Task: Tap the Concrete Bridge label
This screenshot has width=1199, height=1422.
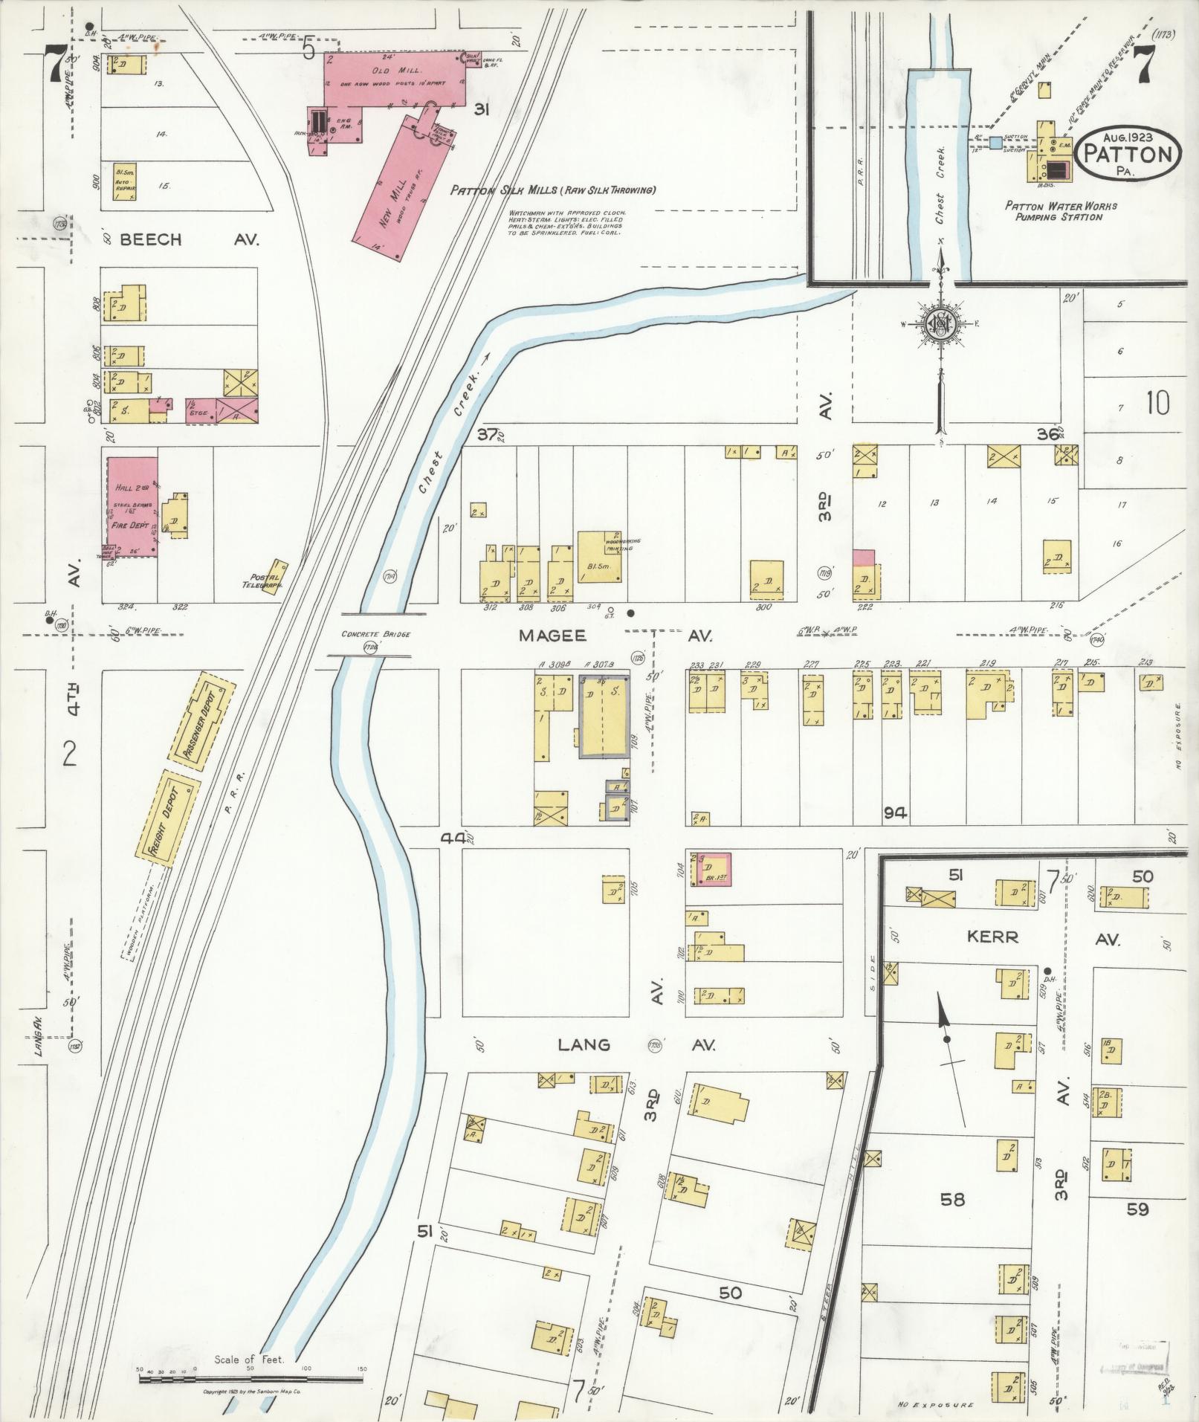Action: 369,635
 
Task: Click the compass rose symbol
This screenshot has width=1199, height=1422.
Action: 940,323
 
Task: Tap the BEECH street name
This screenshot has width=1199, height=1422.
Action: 151,239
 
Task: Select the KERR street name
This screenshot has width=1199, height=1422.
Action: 993,937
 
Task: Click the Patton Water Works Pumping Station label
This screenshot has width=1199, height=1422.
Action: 1061,211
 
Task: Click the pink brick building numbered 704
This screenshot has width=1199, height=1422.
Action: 712,869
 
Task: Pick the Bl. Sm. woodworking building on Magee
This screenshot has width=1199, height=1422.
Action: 599,556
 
